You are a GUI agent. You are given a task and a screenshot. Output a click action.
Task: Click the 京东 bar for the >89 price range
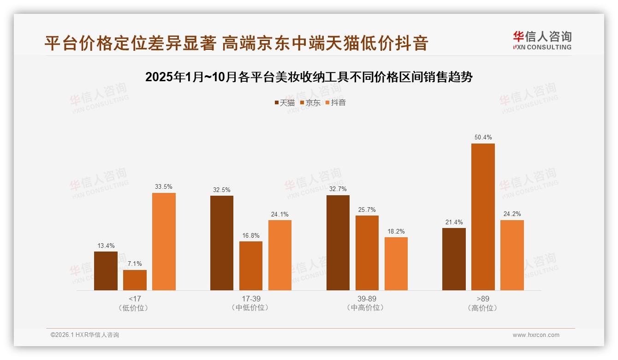click(x=483, y=217)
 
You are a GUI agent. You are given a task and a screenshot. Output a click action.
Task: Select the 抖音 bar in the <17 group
click(x=164, y=241)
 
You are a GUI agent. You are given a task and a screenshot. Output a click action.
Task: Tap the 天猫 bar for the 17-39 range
click(x=222, y=243)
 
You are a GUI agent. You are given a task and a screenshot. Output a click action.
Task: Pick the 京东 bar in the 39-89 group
click(x=367, y=253)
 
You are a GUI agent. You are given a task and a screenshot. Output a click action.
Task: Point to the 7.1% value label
click(x=135, y=264)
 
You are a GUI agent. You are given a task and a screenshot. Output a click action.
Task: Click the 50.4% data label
click(x=483, y=138)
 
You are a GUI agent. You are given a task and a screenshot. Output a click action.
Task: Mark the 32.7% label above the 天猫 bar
click(x=338, y=189)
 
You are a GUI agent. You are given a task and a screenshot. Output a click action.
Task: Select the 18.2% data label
click(x=396, y=231)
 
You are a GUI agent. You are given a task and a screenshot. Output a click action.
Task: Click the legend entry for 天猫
click(x=285, y=103)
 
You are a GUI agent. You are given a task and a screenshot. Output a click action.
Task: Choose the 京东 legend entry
click(x=310, y=103)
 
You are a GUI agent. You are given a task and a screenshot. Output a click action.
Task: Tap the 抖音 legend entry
click(x=336, y=103)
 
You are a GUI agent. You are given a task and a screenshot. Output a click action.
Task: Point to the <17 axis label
click(x=135, y=299)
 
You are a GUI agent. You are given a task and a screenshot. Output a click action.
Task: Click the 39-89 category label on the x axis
click(x=367, y=299)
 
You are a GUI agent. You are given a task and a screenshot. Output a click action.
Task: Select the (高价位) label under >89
click(x=483, y=308)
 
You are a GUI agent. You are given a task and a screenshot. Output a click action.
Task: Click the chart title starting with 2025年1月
click(x=309, y=77)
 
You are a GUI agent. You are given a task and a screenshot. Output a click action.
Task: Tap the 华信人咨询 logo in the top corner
click(x=542, y=40)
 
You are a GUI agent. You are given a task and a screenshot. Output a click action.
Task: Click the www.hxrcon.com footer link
click(x=536, y=335)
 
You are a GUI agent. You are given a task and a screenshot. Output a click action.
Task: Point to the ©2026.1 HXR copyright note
click(x=85, y=335)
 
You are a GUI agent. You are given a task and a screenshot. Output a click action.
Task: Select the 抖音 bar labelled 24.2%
click(x=512, y=255)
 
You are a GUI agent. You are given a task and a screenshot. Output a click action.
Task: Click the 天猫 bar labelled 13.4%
click(x=106, y=271)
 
